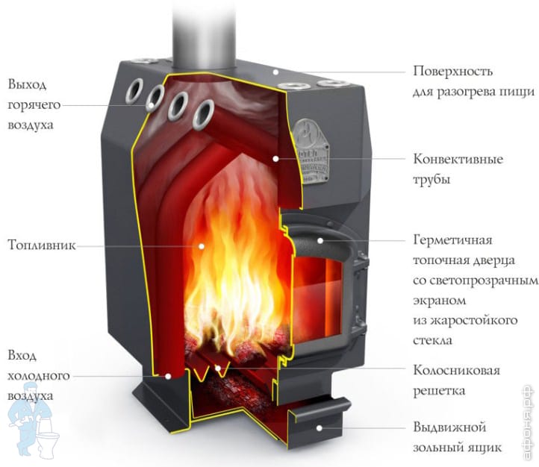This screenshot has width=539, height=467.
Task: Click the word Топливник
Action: pyautogui.click(x=42, y=245)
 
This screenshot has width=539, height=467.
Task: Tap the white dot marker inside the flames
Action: pyautogui.click(x=202, y=246)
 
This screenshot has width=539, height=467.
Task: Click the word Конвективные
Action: pyautogui.click(x=458, y=159)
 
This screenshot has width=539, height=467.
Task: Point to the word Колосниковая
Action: pyautogui.click(x=456, y=370)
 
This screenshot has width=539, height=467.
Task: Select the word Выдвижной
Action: pyautogui.click(x=449, y=427)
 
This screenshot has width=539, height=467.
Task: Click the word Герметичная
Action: pyautogui.click(x=452, y=239)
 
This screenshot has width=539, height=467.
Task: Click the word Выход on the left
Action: pyautogui.click(x=27, y=85)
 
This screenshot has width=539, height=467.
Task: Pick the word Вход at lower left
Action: pyautogui.click(x=22, y=356)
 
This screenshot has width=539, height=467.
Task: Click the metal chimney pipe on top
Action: pyautogui.click(x=205, y=34)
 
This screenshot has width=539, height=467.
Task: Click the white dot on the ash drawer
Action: pyautogui.click(x=320, y=428)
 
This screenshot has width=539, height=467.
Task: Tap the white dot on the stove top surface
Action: pyautogui.click(x=275, y=72)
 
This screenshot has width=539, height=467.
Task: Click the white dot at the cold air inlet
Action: pyautogui.click(x=168, y=376)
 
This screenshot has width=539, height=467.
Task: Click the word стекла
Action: pyautogui.click(x=432, y=340)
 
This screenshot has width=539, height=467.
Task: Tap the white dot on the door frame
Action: pyautogui.click(x=320, y=240)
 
